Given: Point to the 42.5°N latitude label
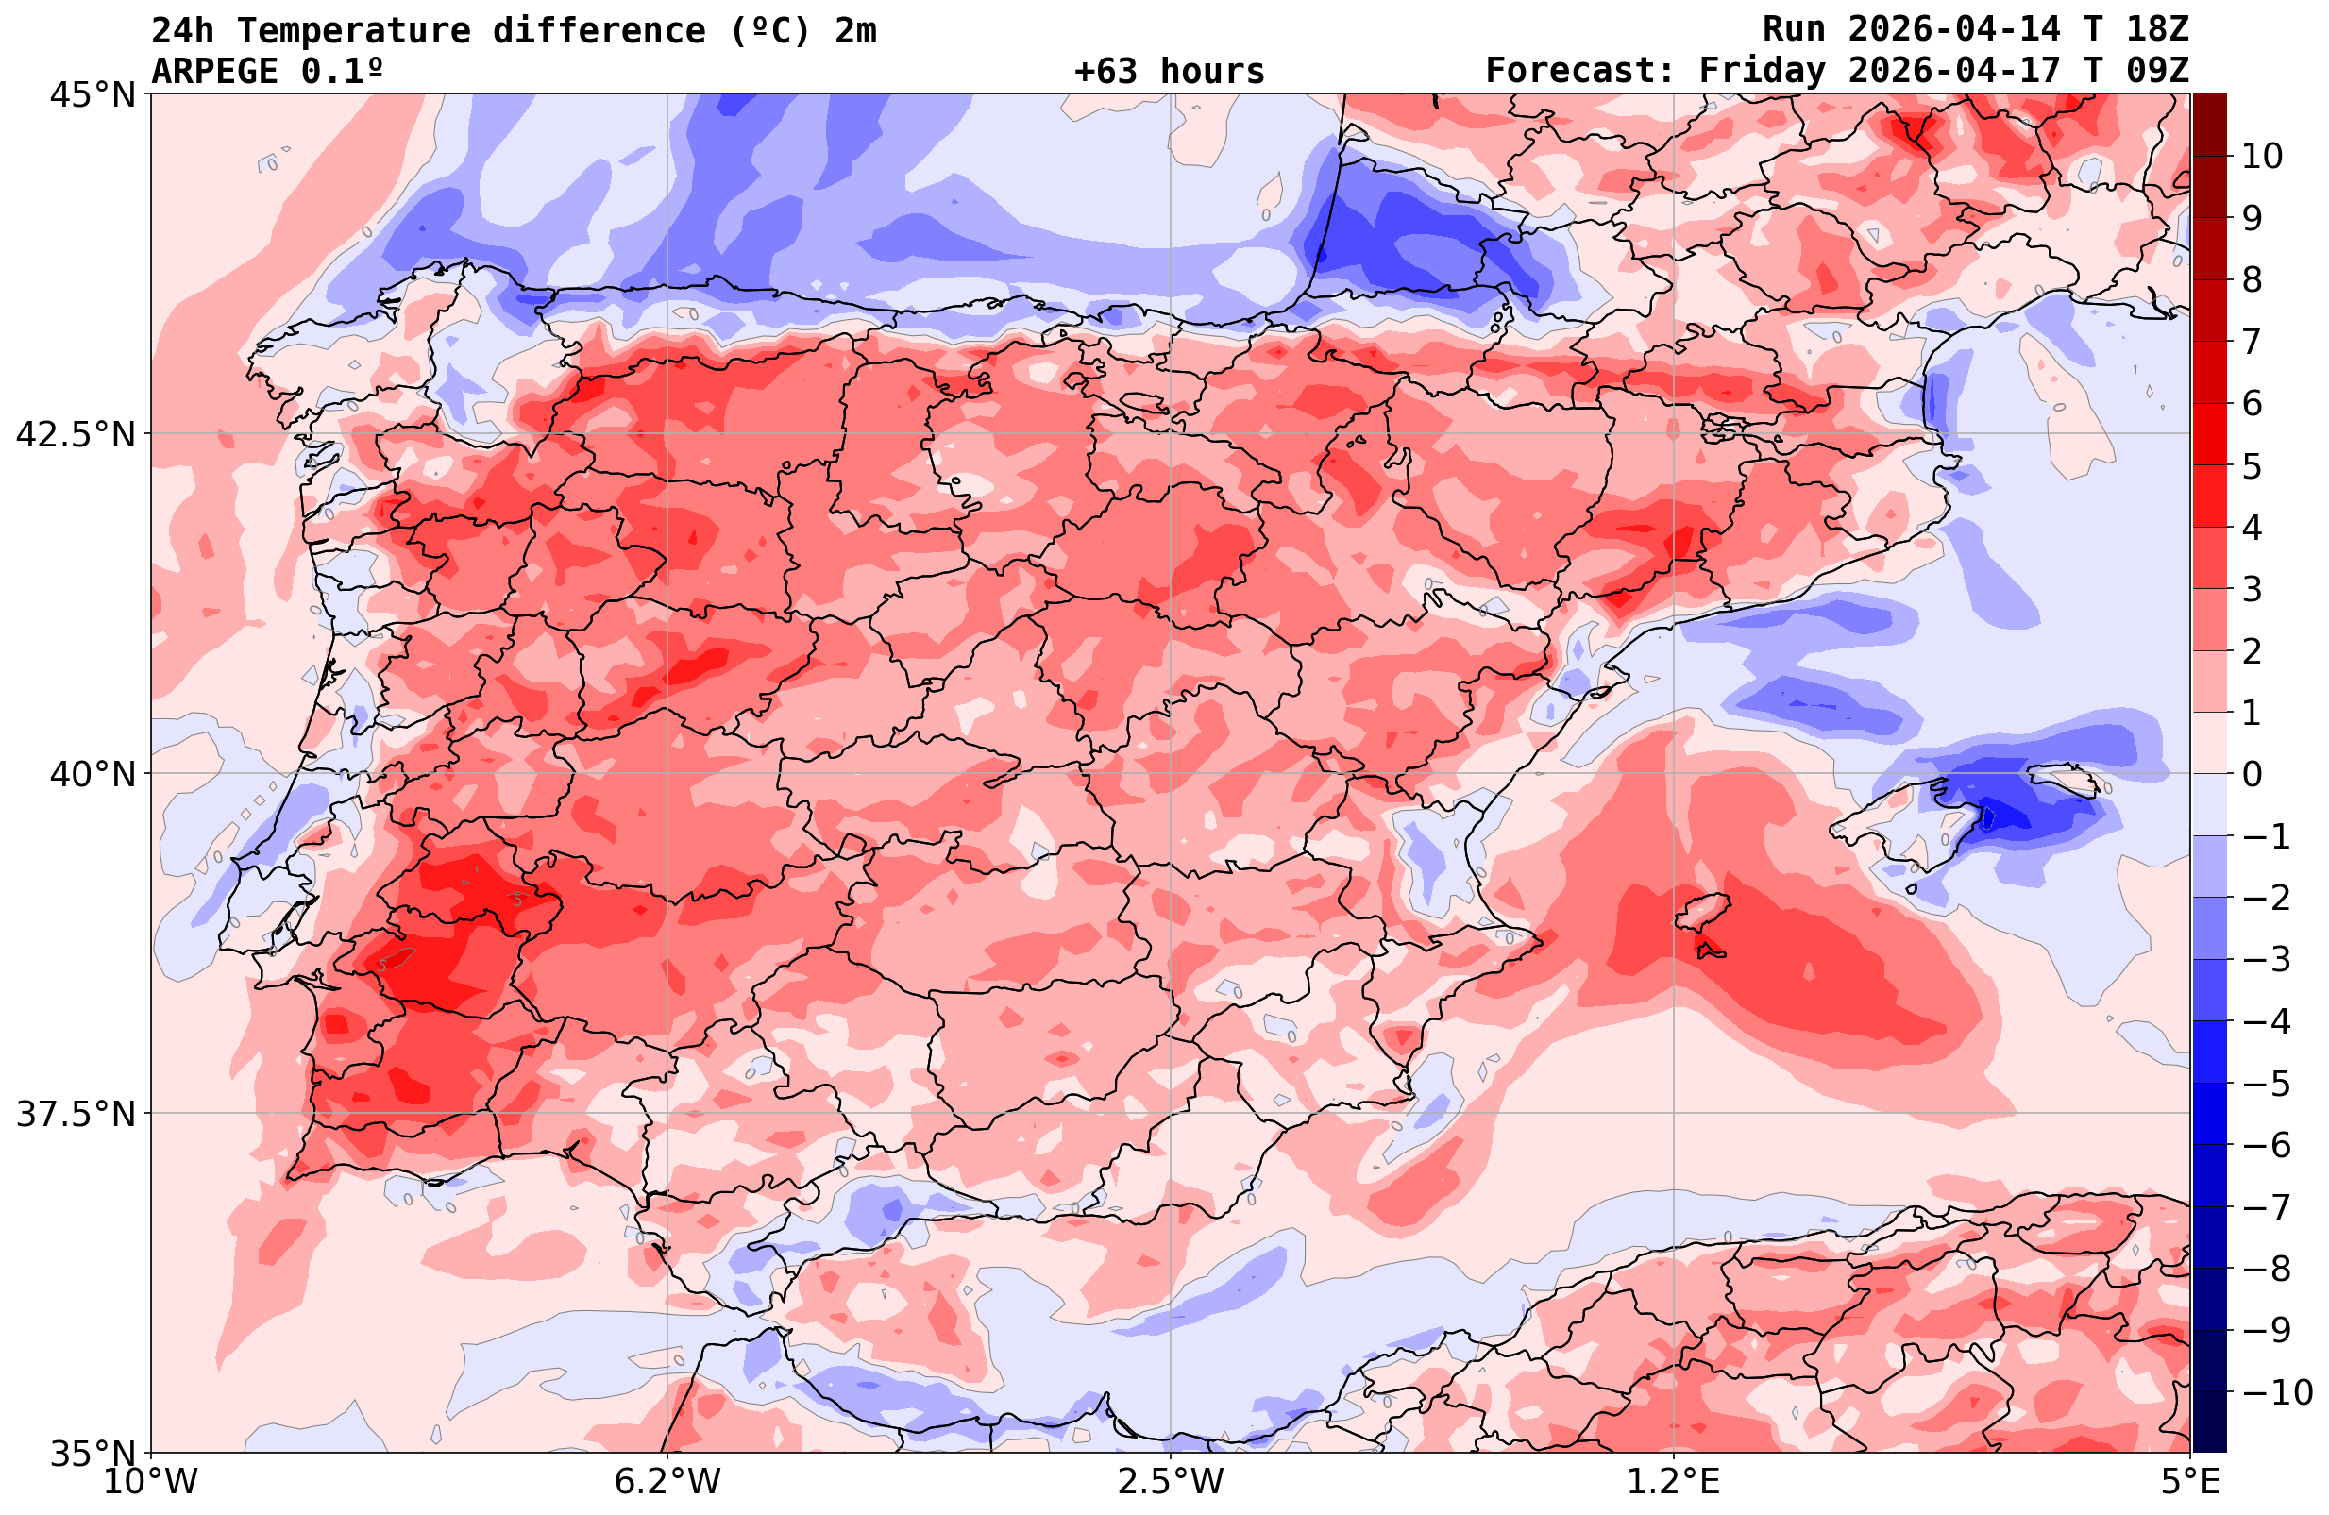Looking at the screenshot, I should pos(76,434).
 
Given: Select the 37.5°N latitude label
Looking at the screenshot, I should pos(76,1114).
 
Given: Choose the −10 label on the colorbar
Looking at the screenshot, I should pos(2276,1391).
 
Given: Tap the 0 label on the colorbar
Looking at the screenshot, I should pos(2252,774).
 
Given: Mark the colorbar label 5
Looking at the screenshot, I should pos(2252,466).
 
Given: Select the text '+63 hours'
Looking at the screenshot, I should pos(1170,72).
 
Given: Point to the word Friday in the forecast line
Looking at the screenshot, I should pos(1762,72).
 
